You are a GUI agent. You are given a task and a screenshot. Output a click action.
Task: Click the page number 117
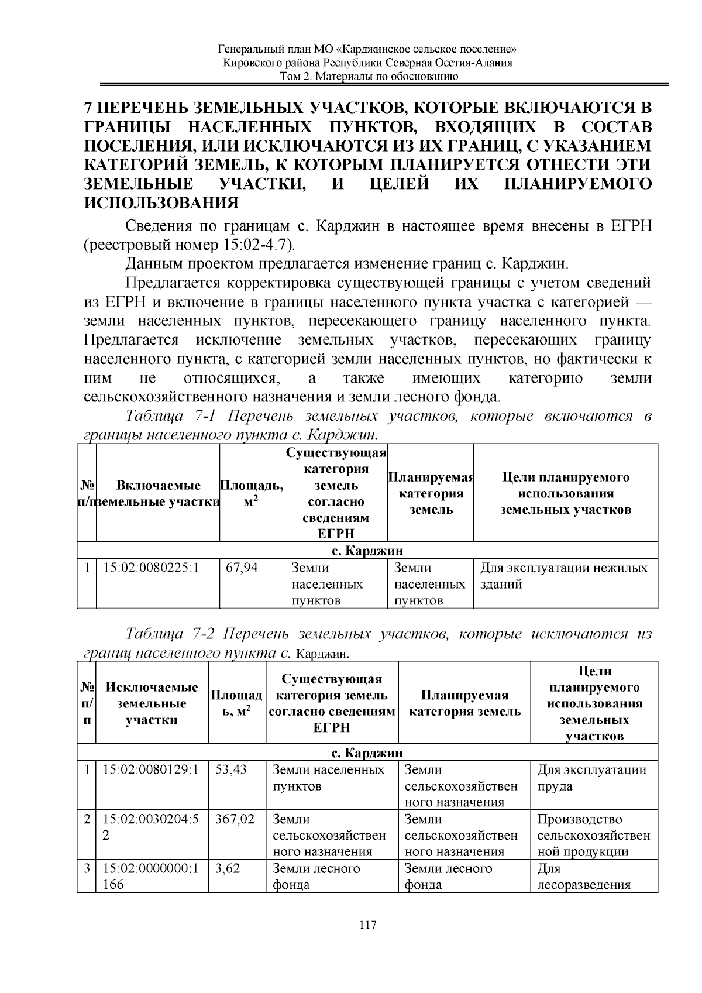click(x=367, y=926)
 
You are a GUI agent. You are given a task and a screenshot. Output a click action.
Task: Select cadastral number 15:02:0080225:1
click(x=151, y=568)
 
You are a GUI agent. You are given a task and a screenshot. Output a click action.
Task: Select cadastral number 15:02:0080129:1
click(x=151, y=769)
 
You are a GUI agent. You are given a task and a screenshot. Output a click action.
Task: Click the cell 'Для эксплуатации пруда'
click(x=591, y=778)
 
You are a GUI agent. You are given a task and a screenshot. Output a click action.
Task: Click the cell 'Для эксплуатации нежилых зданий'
click(x=563, y=576)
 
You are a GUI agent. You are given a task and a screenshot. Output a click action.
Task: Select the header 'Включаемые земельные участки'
click(x=158, y=493)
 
